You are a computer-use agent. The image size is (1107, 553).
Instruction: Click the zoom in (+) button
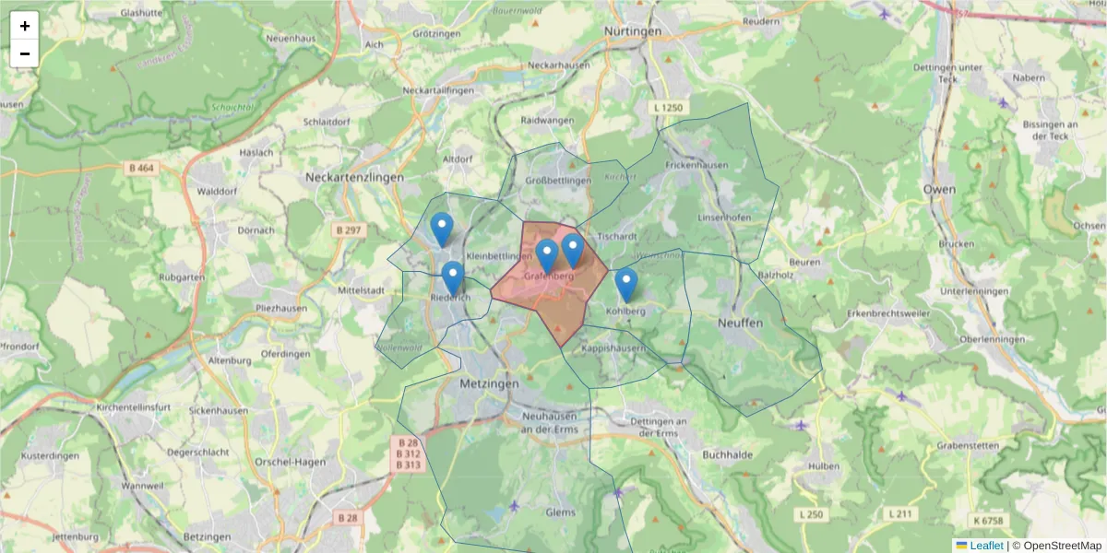pos(25,26)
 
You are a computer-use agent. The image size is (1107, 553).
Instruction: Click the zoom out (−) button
pos(25,53)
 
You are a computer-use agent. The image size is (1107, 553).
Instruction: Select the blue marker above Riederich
pos(452,277)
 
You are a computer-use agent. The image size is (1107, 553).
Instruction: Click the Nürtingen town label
pos(633,31)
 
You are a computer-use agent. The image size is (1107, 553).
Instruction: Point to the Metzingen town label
pos(489,382)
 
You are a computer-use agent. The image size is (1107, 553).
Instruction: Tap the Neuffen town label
pos(740,324)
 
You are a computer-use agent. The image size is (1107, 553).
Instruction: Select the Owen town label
pos(939,189)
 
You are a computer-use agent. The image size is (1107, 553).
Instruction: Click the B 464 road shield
pos(140,168)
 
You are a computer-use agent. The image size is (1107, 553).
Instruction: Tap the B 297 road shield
pos(348,229)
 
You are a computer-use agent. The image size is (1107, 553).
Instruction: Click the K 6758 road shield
pos(986,522)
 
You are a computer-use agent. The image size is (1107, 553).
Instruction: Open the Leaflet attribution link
pos(986,546)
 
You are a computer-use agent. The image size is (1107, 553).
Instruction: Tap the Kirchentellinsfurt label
pos(131,406)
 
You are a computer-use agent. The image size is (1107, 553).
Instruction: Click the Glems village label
pos(560,512)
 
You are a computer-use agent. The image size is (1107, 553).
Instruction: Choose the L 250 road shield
pos(812,513)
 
